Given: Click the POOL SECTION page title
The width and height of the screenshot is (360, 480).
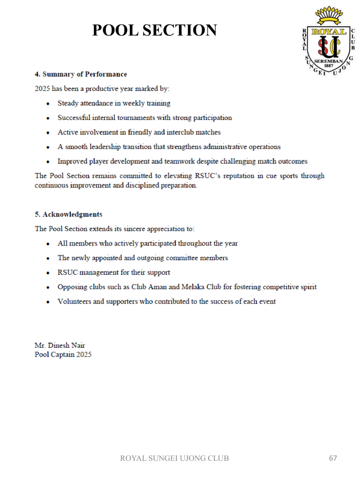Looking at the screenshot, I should click(154, 30).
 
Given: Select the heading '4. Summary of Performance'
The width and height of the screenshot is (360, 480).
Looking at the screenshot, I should click(81, 74).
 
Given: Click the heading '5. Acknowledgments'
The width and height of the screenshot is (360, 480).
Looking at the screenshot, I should click(68, 214).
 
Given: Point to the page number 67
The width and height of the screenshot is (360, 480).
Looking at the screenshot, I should click(333, 458).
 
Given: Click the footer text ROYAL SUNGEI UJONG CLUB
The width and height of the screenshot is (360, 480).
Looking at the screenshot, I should click(174, 458).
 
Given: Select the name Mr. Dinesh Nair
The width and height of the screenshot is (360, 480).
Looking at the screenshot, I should click(60, 345).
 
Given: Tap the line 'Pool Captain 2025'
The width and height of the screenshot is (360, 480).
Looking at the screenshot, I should click(63, 354).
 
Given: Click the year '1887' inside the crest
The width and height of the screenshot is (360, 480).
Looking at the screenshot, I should click(329, 66).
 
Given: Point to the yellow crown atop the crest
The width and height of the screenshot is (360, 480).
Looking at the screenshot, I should click(329, 16).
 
